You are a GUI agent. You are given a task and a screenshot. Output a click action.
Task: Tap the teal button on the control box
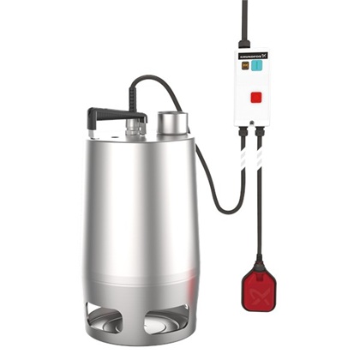point(258,66)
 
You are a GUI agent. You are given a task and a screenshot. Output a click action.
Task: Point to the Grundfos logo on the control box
point(250,53)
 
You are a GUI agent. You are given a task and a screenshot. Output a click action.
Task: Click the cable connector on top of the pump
point(133,128)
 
